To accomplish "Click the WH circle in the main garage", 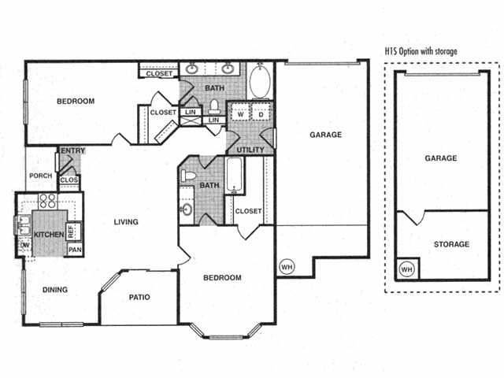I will [x=286, y=266].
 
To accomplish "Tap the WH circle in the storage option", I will [x=407, y=270].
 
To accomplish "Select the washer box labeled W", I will [x=239, y=113].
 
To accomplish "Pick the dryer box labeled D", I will [x=261, y=113].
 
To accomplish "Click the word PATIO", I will [x=139, y=297].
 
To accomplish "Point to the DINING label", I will [x=54, y=290].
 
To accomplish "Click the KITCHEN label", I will [x=47, y=235].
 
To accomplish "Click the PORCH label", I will [x=40, y=176].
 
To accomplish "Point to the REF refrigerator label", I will [x=71, y=232].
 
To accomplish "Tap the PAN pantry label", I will [x=75, y=250].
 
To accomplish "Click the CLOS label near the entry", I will [x=69, y=180].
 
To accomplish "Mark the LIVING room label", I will [x=125, y=221].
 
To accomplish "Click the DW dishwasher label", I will [x=24, y=245].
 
